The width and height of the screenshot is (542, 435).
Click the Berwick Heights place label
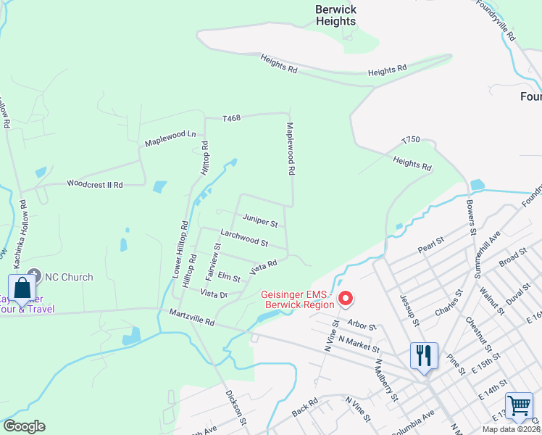335,15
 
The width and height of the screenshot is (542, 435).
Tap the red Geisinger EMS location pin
346,298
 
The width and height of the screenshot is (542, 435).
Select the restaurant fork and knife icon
424,355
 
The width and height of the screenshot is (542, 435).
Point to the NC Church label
70,277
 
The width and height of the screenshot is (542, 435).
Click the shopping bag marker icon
22,288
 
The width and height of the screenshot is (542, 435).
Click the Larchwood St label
244,238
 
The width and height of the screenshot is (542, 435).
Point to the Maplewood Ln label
170,136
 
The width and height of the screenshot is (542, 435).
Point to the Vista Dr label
214,294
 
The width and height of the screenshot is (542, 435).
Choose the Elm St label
228,278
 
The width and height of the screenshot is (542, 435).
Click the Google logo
24,426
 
